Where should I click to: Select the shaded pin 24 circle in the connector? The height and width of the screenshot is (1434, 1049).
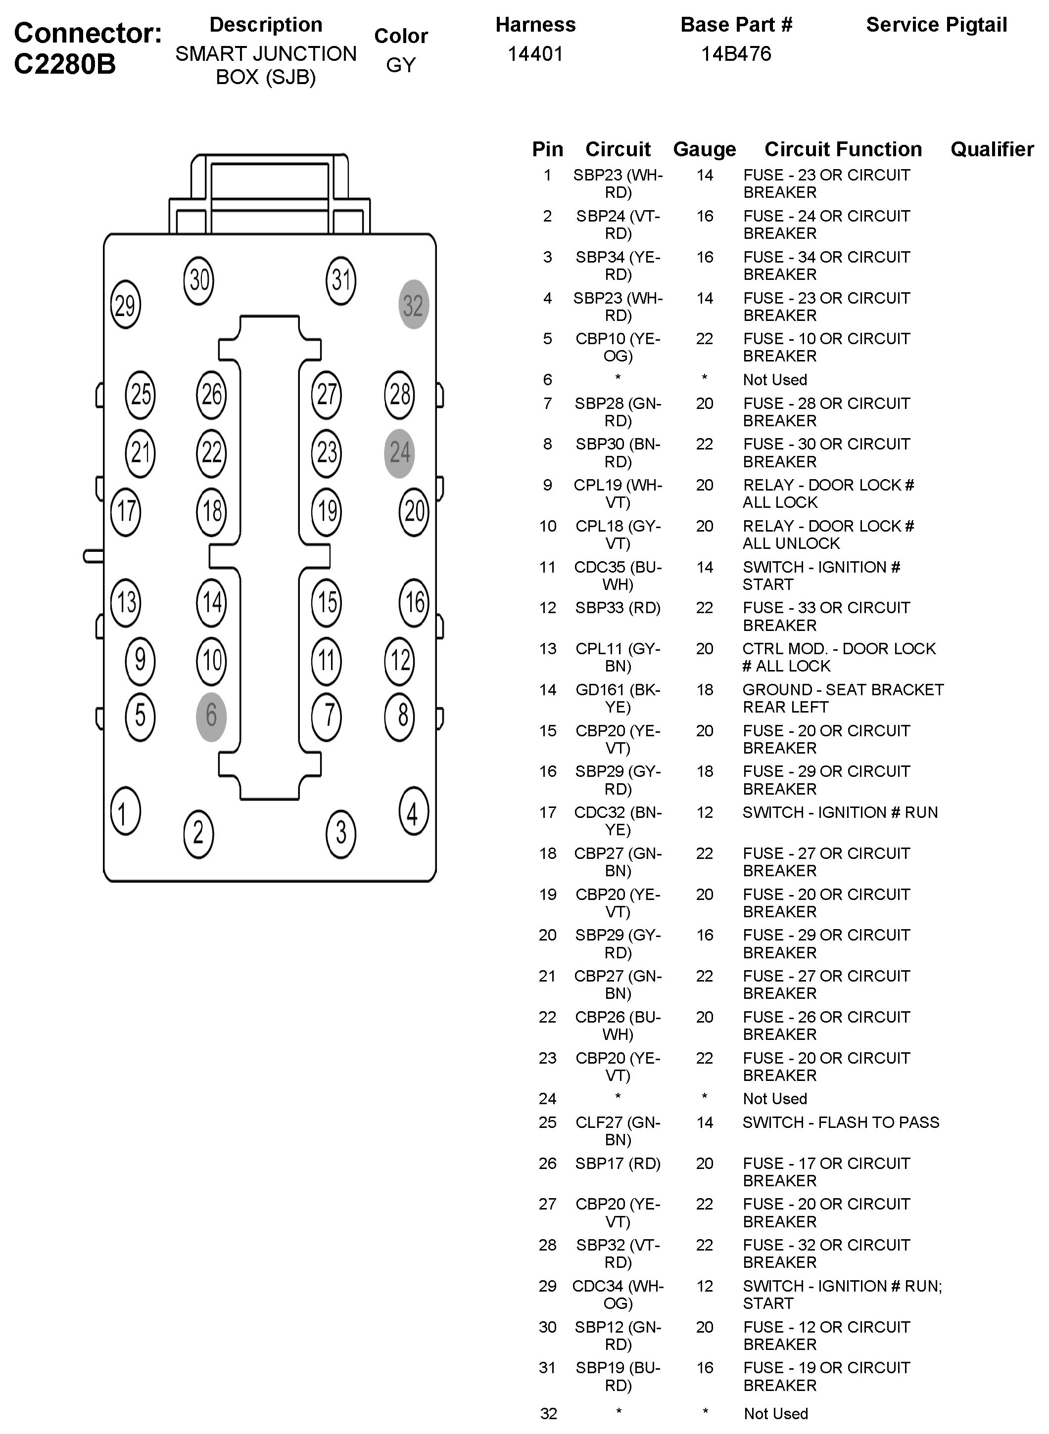[399, 453]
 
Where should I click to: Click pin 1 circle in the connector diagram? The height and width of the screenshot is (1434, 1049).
[125, 811]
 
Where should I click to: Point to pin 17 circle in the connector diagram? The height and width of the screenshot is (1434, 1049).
[125, 511]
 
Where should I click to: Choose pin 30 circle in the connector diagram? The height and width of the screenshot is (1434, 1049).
[199, 280]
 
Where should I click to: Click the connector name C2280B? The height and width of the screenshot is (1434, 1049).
[65, 63]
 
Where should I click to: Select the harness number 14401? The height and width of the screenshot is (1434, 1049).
[535, 54]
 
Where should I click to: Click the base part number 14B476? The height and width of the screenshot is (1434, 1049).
[736, 54]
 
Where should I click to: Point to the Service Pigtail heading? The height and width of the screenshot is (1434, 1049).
[936, 25]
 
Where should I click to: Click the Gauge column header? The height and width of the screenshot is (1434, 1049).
[704, 149]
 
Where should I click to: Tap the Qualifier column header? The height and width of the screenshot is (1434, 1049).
[992, 149]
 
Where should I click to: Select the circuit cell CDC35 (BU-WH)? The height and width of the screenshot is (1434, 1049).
[618, 576]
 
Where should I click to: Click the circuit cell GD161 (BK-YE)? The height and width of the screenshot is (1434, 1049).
[618, 698]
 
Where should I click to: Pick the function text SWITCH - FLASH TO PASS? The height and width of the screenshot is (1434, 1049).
[841, 1122]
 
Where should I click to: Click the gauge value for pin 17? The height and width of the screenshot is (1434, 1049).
[705, 813]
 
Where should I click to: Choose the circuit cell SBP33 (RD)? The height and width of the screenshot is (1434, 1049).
[618, 608]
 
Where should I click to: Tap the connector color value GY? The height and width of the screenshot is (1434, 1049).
[401, 65]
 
